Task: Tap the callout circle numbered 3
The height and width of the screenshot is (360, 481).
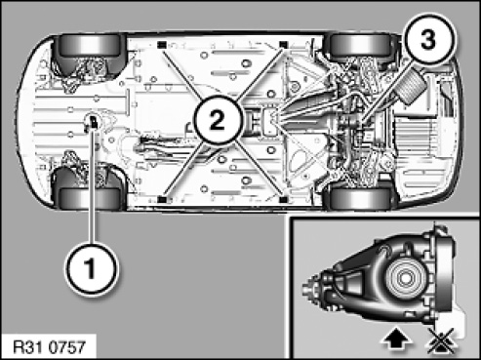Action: click(x=428, y=39)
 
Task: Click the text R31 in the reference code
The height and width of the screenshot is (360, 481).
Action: click(x=30, y=347)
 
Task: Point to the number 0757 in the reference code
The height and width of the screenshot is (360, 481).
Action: click(x=68, y=347)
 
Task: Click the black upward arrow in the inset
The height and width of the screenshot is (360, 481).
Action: click(x=396, y=340)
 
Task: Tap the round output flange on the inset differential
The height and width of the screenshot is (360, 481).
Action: click(x=405, y=278)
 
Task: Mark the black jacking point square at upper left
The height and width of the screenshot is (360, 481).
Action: click(x=161, y=45)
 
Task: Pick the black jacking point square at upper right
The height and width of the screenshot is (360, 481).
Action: click(x=284, y=45)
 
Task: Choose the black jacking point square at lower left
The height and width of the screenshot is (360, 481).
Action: click(x=161, y=199)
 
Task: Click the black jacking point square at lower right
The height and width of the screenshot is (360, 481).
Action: click(x=284, y=199)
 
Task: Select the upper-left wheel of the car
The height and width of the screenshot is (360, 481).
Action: click(x=90, y=47)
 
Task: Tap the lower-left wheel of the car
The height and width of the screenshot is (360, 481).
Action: click(x=90, y=197)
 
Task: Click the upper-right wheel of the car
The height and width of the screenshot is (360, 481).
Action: click(x=361, y=46)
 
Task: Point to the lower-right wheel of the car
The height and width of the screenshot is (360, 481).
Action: click(x=360, y=197)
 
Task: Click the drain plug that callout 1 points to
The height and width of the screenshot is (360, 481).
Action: click(x=94, y=122)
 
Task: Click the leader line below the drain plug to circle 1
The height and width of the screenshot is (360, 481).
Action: click(x=93, y=187)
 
